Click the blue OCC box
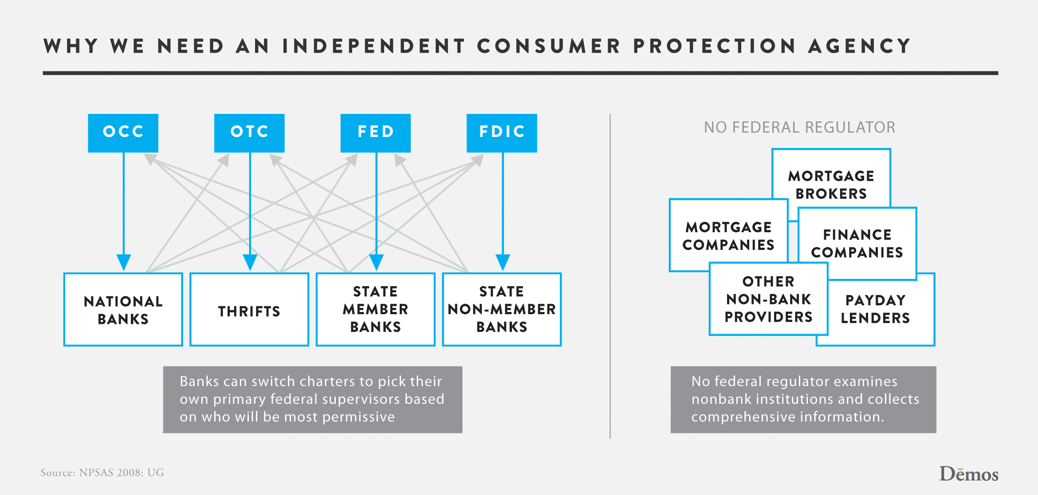pyautogui.click(x=123, y=133)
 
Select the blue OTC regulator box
pyautogui.click(x=249, y=133)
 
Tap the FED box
pyautogui.click(x=376, y=133)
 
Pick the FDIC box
pyautogui.click(x=502, y=133)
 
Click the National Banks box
pyautogui.click(x=123, y=309)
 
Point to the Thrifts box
pyautogui.click(x=249, y=309)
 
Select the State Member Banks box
pyautogui.click(x=376, y=309)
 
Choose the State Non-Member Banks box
pyautogui.click(x=502, y=309)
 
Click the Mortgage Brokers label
pyautogui.click(x=831, y=185)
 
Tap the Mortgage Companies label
pyautogui.click(x=728, y=236)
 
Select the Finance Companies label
pyautogui.click(x=857, y=243)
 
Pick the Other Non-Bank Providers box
pyautogui.click(x=769, y=299)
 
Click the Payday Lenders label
pyautogui.click(x=875, y=309)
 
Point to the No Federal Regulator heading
pyautogui.click(x=799, y=128)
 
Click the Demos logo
pyautogui.click(x=969, y=474)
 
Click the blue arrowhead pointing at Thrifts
pyautogui.click(x=250, y=262)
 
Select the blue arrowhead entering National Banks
pyautogui.click(x=124, y=262)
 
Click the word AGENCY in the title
pyautogui.click(x=859, y=46)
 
